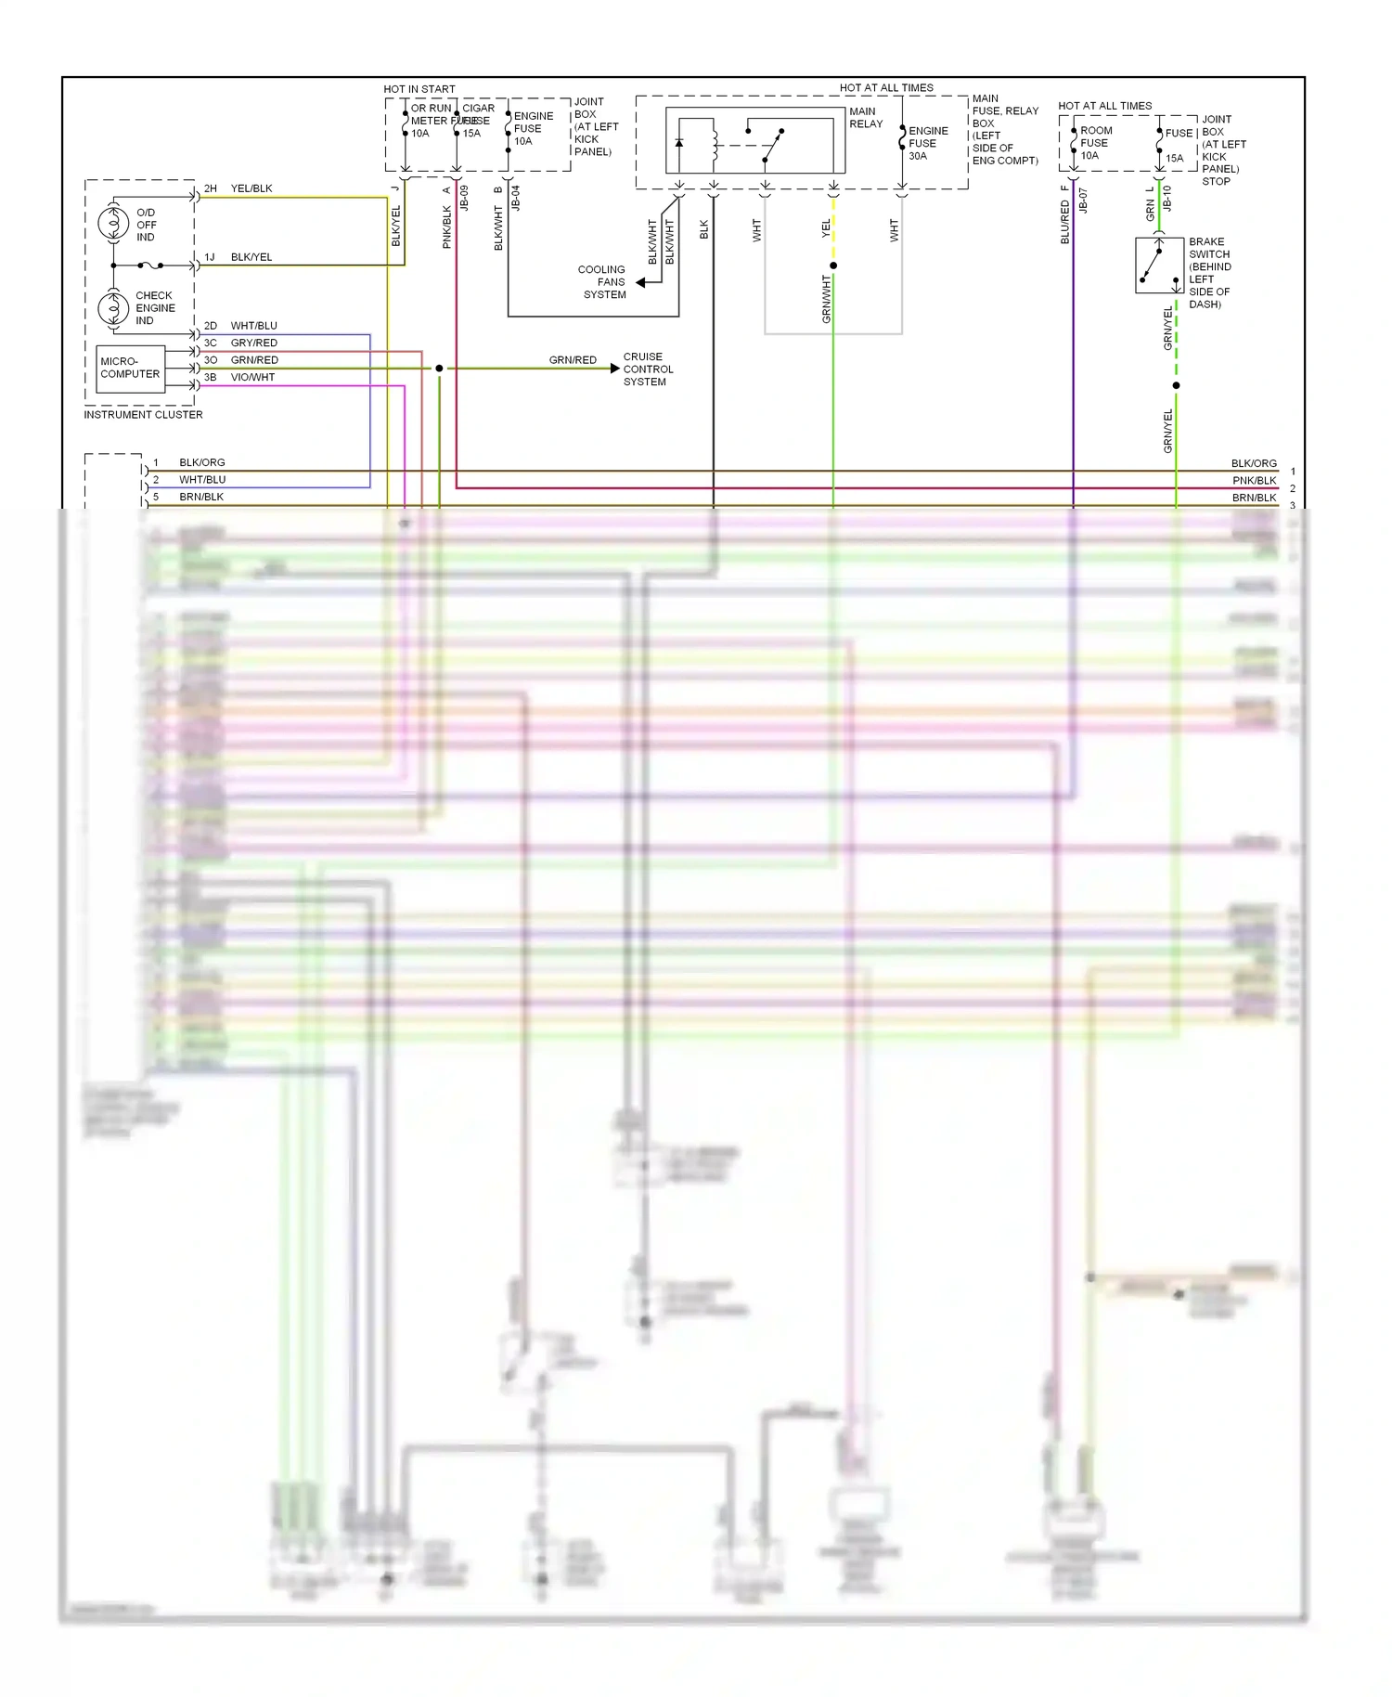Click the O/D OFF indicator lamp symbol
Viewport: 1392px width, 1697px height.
tap(113, 224)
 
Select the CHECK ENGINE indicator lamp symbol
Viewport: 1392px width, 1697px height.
tap(113, 307)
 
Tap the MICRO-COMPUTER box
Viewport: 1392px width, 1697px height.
tap(130, 369)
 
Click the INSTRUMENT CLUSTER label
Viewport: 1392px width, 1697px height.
tap(143, 415)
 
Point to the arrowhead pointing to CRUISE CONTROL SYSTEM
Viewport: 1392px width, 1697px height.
tap(614, 369)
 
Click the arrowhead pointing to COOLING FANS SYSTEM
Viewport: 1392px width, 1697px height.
tap(640, 282)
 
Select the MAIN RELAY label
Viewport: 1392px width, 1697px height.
tap(866, 118)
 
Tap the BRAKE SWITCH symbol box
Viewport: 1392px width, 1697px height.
tap(1158, 266)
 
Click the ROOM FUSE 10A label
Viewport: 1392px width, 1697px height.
tap(1095, 143)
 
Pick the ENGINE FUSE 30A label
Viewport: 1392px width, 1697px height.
tap(928, 143)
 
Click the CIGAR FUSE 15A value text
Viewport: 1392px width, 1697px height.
tap(471, 134)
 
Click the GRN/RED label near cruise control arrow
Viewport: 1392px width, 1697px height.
tap(573, 360)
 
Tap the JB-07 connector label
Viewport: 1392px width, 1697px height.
tap(1083, 201)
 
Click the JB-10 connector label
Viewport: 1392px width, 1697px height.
tap(1167, 199)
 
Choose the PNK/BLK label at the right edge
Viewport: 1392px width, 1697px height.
tap(1254, 481)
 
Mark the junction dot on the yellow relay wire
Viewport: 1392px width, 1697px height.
tap(833, 266)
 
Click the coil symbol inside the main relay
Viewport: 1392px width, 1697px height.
tap(714, 143)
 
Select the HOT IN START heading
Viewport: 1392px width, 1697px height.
tap(419, 89)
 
